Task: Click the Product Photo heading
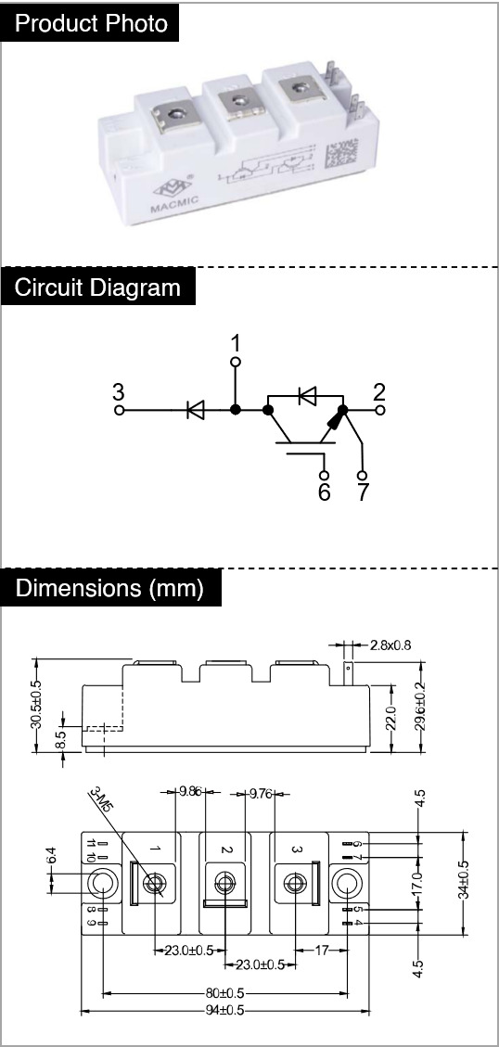[x=92, y=23]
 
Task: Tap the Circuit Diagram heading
[x=97, y=287]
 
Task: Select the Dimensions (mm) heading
[x=109, y=588]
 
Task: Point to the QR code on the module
[x=340, y=154]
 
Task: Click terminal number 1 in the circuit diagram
[x=236, y=344]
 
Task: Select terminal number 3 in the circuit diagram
[x=118, y=391]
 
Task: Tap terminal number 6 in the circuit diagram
[x=324, y=492]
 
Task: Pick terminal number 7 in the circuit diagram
[x=363, y=492]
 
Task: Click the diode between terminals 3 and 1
[x=196, y=410]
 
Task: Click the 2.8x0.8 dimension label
[x=390, y=645]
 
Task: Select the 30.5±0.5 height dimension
[x=37, y=705]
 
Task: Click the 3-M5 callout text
[x=99, y=800]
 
